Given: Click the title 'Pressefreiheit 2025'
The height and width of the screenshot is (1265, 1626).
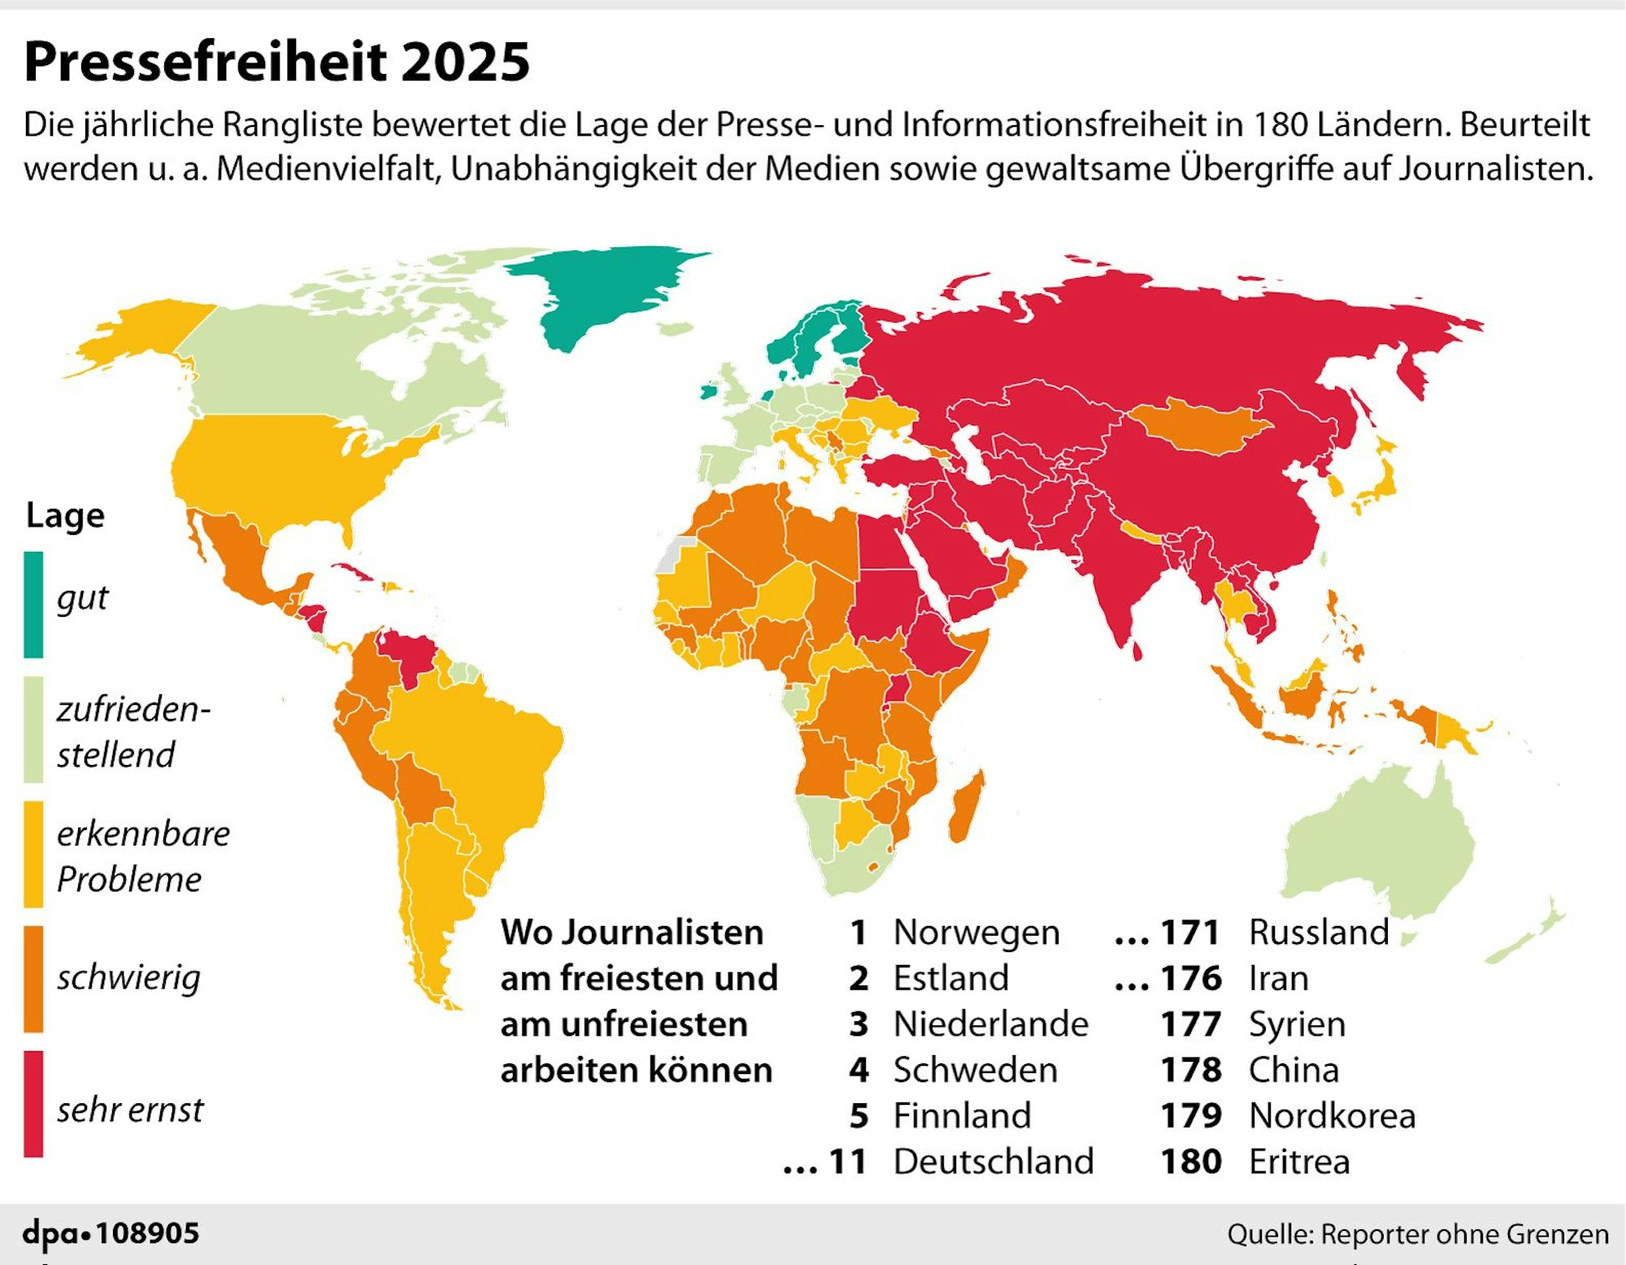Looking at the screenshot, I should pyautogui.click(x=276, y=62).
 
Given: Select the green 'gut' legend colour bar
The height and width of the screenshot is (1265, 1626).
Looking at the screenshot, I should pyautogui.click(x=33, y=604).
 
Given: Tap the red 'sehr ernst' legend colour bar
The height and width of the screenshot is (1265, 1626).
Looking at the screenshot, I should pyautogui.click(x=33, y=1103).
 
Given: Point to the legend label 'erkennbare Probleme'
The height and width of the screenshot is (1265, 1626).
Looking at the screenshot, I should pyautogui.click(x=143, y=856).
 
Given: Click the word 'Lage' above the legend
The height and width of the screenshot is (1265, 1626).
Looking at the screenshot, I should pyautogui.click(x=65, y=515).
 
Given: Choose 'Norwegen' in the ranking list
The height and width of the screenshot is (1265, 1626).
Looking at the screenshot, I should pyautogui.click(x=976, y=932).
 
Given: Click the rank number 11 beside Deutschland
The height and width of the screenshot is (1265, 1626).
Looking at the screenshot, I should pyautogui.click(x=847, y=1162).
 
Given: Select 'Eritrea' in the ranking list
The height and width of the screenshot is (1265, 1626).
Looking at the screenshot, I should pyautogui.click(x=1299, y=1162).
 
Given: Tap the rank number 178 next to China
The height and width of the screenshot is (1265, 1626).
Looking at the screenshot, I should pyautogui.click(x=1191, y=1070).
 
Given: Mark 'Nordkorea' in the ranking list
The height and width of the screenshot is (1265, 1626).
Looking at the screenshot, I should pyautogui.click(x=1332, y=1116).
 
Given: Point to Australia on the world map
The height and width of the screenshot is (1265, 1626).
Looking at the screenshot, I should pyautogui.click(x=1382, y=846).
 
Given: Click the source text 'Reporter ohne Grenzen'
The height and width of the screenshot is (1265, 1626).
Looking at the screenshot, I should pyautogui.click(x=1464, y=1234).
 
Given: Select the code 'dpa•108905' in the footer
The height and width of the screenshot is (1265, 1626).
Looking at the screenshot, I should pyautogui.click(x=111, y=1233).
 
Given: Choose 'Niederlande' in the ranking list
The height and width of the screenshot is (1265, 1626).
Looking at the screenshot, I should pyautogui.click(x=990, y=1024).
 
